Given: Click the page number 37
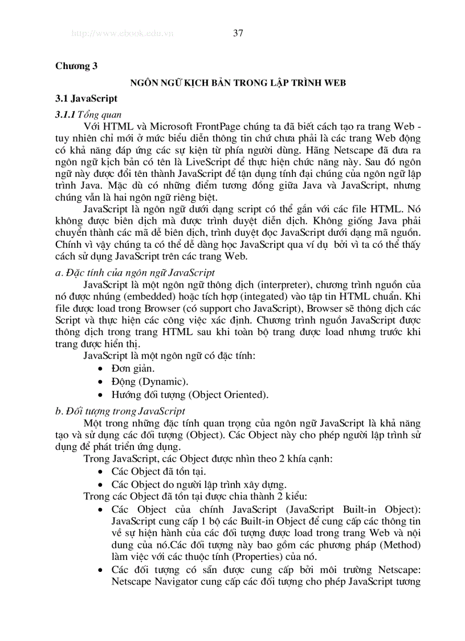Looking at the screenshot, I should click(x=238, y=33).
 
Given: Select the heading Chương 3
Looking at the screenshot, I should click(x=76, y=66).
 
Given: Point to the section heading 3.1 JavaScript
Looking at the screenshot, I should click(x=87, y=99).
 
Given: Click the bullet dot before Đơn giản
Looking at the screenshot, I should click(x=100, y=369).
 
